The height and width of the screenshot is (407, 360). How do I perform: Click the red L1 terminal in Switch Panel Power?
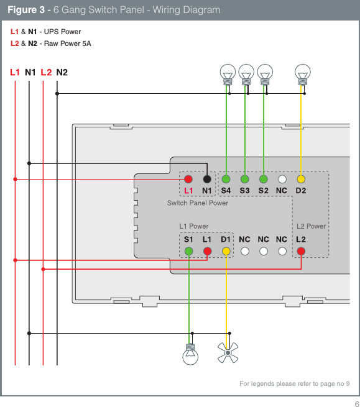click(x=188, y=179)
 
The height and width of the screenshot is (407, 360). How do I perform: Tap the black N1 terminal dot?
click(x=207, y=179)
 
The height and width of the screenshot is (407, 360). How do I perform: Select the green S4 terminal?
click(x=226, y=179)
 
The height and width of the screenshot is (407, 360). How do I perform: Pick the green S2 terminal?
click(x=264, y=179)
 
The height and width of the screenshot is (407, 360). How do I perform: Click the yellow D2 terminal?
click(x=301, y=179)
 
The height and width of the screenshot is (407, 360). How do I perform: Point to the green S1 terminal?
click(x=188, y=251)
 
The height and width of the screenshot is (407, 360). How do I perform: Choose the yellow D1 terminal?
click(x=226, y=251)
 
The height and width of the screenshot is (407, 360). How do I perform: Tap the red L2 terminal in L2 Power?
click(x=301, y=251)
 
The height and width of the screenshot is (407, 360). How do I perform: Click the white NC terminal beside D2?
click(x=282, y=179)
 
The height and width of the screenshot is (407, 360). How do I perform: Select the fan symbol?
click(x=227, y=354)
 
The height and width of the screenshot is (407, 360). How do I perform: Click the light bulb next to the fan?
click(x=192, y=354)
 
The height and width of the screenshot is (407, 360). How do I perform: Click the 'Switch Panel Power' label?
click(x=198, y=203)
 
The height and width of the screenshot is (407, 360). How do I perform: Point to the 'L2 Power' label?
click(x=311, y=226)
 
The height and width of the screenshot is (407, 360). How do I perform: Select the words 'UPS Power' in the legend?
click(x=62, y=32)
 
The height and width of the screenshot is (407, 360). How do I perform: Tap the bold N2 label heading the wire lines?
click(x=62, y=72)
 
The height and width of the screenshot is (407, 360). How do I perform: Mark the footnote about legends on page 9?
click(x=294, y=383)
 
